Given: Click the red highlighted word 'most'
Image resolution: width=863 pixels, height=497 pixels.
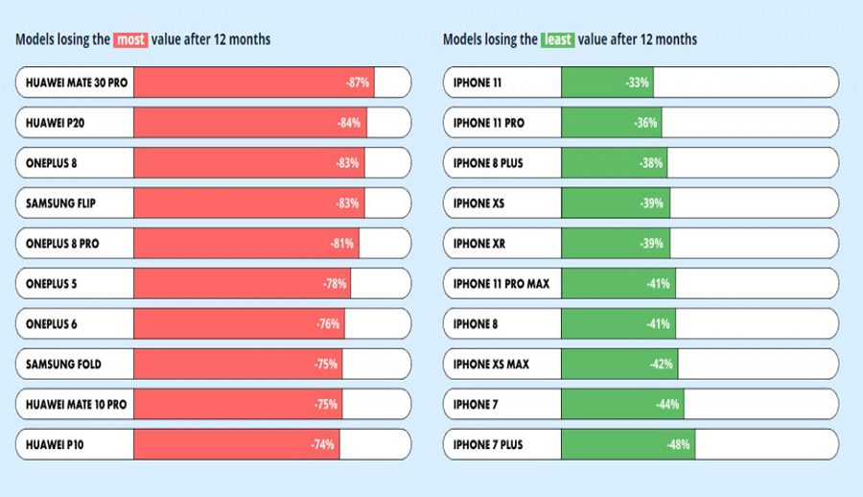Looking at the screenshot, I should click(x=129, y=39).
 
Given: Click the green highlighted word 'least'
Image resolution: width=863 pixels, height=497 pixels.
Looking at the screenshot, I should click(x=557, y=39).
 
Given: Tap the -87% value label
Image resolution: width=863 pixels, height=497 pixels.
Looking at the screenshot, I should click(x=358, y=83).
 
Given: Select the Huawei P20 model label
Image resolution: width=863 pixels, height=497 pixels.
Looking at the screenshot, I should click(x=53, y=123).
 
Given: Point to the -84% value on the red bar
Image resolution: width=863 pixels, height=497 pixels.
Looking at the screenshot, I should click(x=349, y=123).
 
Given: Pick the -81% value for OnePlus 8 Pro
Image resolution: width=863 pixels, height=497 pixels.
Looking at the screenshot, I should click(x=342, y=244).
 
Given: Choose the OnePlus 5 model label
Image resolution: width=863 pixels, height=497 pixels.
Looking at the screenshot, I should click(x=52, y=284).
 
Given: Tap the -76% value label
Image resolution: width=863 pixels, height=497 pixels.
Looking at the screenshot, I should click(x=328, y=324).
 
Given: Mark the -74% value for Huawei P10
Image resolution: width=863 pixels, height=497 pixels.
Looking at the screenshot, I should click(x=323, y=445).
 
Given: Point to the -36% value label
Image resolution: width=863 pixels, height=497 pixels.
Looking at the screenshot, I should click(x=645, y=123).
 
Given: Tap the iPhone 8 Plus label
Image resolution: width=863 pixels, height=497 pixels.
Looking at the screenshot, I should click(x=488, y=163).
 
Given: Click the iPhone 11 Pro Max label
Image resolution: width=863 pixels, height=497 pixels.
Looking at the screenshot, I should click(x=501, y=284).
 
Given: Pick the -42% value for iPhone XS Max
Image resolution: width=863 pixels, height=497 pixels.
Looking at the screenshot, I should click(x=662, y=365).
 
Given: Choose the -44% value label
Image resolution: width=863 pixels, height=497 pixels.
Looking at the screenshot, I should click(x=668, y=405).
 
